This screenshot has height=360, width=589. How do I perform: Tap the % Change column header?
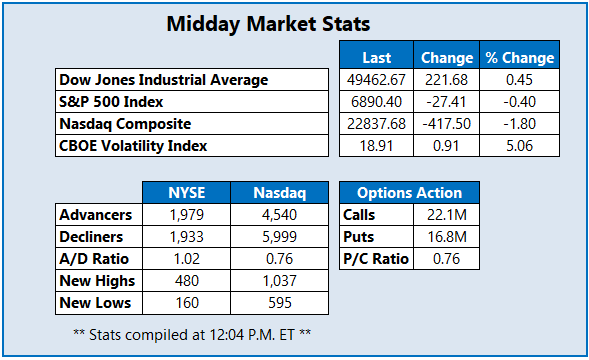point(518,57)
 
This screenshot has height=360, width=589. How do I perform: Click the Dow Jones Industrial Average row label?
point(164,80)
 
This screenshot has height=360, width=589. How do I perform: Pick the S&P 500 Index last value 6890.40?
point(372,101)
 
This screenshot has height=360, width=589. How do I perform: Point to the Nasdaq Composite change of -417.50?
point(446,123)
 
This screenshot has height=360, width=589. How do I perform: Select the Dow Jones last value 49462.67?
point(372,80)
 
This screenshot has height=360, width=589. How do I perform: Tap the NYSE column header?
point(185,193)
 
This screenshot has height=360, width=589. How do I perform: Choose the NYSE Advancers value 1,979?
point(185,215)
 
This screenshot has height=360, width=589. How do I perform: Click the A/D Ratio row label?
point(93,259)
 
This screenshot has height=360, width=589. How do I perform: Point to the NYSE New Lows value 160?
point(185,303)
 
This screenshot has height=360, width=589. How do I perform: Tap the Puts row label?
point(360,237)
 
